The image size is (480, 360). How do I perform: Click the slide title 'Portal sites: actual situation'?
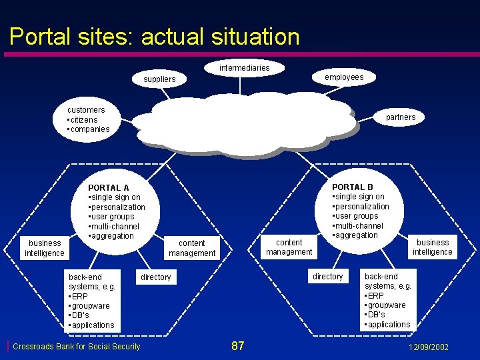[x=155, y=36]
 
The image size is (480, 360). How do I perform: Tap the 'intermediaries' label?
[x=245, y=67]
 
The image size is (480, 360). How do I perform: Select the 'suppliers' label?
[x=159, y=79]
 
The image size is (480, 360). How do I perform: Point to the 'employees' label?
[x=344, y=77]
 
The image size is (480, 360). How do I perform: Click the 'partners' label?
[x=400, y=117]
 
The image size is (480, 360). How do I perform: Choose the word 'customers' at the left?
[x=86, y=109]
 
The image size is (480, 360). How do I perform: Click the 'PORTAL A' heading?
[x=108, y=188]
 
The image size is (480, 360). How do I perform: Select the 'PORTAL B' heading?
[x=353, y=187]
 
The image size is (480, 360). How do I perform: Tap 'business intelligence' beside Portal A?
[x=45, y=248]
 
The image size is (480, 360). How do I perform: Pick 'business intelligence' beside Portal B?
[x=432, y=247]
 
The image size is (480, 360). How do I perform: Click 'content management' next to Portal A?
[x=192, y=248]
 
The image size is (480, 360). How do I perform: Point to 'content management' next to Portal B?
[x=289, y=247]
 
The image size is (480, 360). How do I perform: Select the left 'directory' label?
[x=156, y=277]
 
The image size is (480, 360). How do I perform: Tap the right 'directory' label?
[x=328, y=277]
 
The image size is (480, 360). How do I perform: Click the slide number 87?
[x=237, y=346]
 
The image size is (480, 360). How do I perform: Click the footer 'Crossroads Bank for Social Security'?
[x=77, y=347]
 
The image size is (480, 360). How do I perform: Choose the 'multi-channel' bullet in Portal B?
[x=360, y=225]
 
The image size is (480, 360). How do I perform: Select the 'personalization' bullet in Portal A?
[x=118, y=207]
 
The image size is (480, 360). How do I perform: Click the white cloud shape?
[x=243, y=124]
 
